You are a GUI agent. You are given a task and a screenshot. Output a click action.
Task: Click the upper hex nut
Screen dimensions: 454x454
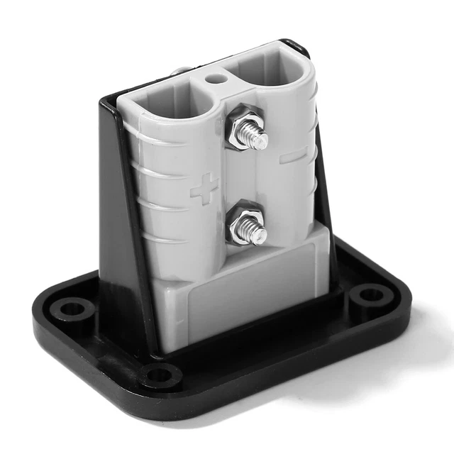245,128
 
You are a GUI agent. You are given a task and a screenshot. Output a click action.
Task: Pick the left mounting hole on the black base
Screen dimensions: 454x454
72,309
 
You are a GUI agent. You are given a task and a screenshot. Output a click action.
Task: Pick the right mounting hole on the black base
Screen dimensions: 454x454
370,292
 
